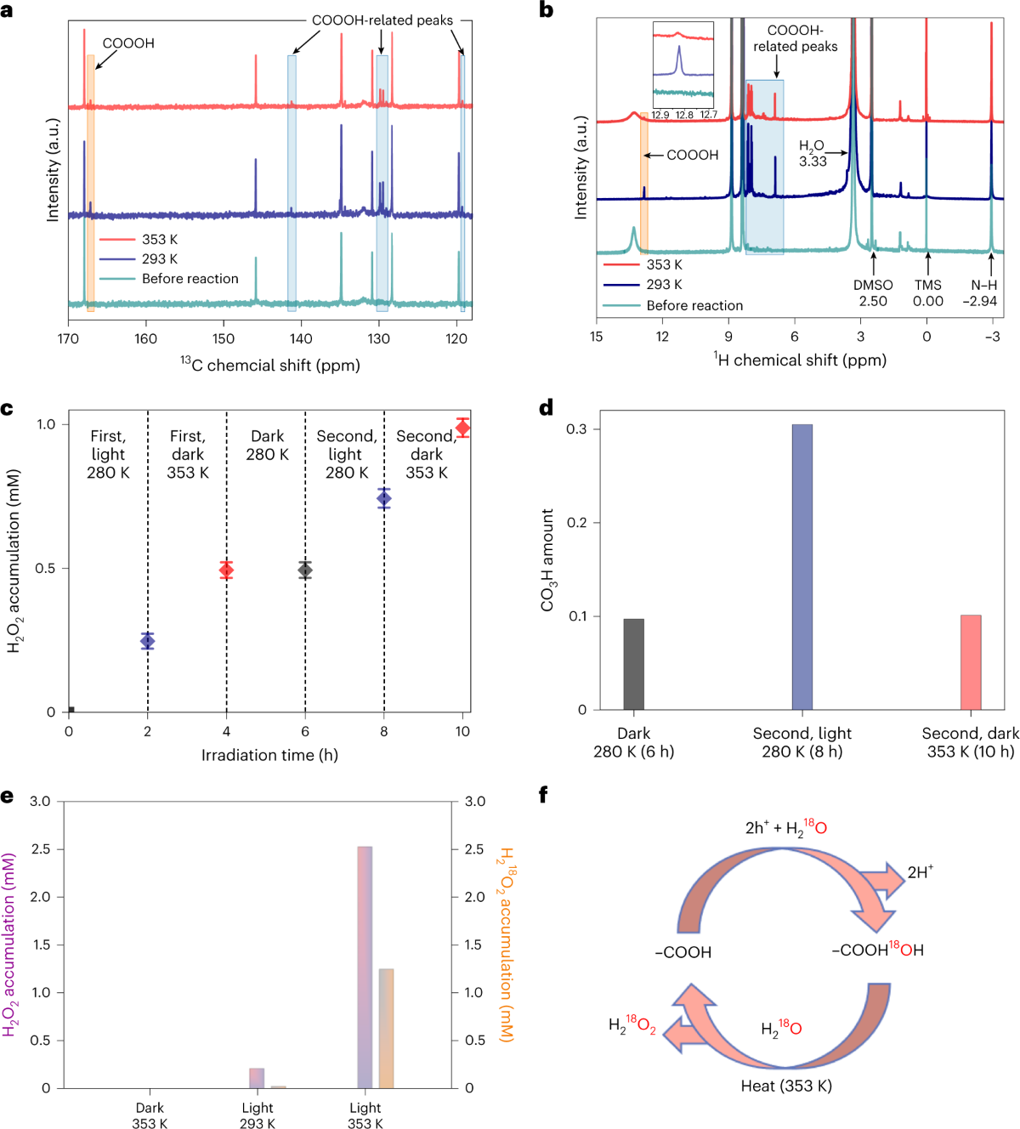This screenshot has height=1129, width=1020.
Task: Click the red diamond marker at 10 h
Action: [462, 428]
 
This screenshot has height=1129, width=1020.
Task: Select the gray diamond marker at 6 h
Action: [305, 570]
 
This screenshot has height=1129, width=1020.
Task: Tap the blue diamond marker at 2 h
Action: [148, 641]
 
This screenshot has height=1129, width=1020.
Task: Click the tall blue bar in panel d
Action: [802, 566]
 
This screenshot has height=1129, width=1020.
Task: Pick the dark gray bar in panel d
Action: [633, 664]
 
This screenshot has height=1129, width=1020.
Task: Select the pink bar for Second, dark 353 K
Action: [971, 662]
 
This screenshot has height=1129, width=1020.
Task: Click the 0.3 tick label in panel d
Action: [577, 429]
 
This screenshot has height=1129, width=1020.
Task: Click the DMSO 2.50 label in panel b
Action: [873, 293]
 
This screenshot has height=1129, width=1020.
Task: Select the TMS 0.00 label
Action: [928, 293]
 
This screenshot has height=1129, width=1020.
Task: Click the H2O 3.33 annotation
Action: [813, 154]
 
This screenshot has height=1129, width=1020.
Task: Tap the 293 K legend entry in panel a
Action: [160, 259]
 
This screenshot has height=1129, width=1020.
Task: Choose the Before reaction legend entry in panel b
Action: [694, 305]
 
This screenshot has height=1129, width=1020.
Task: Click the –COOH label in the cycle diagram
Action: [683, 952]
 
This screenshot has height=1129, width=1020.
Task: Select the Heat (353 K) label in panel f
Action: [786, 1086]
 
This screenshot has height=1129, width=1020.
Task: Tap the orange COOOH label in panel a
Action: [128, 43]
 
